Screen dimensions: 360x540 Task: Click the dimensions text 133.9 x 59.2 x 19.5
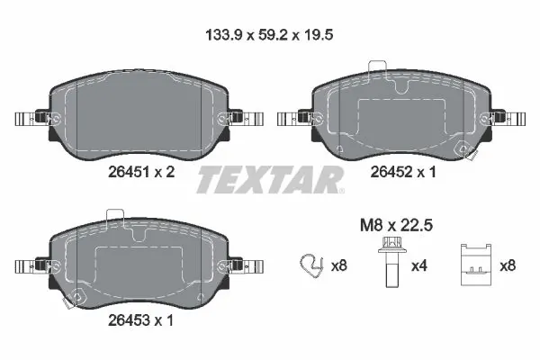(270, 37)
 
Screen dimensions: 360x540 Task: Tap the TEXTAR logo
(270, 180)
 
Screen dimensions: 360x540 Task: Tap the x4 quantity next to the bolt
(419, 265)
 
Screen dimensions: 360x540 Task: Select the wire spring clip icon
(309, 265)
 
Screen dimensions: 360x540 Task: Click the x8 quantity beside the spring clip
(339, 265)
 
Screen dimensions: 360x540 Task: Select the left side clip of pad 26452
(292, 118)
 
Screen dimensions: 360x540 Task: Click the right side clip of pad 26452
(509, 118)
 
